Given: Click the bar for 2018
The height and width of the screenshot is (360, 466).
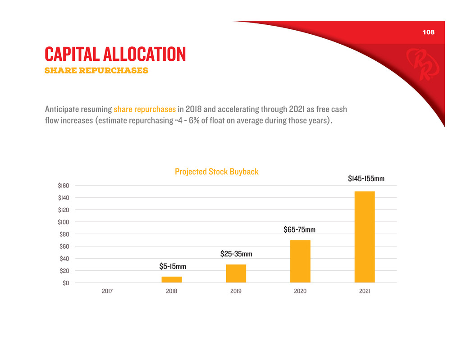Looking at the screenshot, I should pos(172,279).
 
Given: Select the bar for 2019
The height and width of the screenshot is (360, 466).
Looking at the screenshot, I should pos(236,273).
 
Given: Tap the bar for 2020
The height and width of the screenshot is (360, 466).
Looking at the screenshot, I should pos(300,261).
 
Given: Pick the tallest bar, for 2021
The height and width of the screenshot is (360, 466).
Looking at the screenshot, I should pos(365,237).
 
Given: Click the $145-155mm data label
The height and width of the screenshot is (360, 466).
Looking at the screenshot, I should pos(366,179).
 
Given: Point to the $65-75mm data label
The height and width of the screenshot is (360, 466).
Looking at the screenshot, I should pos(299,230).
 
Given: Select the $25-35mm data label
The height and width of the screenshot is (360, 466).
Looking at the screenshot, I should pos(236,254).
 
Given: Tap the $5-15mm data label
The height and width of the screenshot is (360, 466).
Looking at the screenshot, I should pos(173,266).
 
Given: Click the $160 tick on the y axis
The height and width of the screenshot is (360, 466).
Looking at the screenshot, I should pos(63,186).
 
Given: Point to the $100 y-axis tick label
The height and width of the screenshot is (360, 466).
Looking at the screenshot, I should pos(63,222).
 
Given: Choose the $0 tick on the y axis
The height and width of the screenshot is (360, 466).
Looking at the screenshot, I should pos(65,283).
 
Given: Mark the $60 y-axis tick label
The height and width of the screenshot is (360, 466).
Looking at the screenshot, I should pos(64,246).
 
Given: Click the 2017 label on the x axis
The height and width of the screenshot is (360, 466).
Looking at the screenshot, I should pos(107,291).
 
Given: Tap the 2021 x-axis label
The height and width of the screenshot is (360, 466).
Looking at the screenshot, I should pos(365,291).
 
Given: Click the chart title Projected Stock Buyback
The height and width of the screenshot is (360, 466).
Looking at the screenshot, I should pos(217,172).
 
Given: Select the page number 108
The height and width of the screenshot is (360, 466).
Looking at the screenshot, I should pos(428,32).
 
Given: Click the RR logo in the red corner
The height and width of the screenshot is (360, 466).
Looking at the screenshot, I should pos(420,65).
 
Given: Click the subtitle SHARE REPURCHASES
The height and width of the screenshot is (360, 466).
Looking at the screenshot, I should pos(96,71).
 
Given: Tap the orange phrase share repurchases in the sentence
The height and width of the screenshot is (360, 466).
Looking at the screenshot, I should pos(145,109).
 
